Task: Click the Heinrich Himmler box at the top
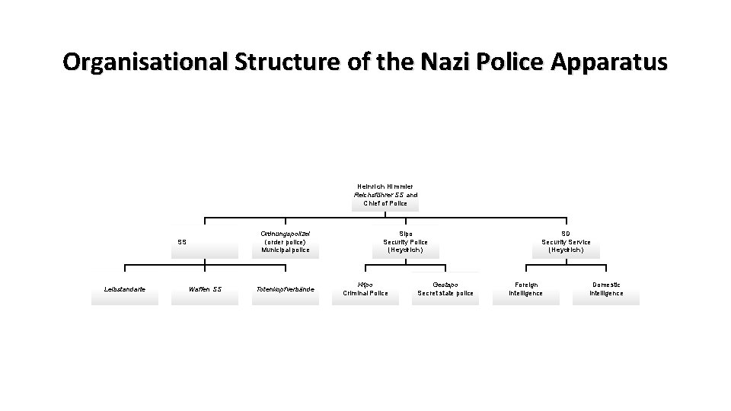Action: pos(385,195)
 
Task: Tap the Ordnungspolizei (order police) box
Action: pos(286,241)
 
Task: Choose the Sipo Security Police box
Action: pos(405,241)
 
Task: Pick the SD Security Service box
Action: pos(566,241)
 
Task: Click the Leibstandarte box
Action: pos(125,289)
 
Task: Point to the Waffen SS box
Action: pos(205,289)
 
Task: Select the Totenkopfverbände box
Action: pos(286,289)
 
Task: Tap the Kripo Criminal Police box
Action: pos(365,288)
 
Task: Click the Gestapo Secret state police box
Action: pos(445,288)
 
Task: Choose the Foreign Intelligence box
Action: pos(525,288)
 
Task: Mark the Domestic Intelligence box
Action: pos(606,288)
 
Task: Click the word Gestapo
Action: pos(445,284)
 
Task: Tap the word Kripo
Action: pos(365,284)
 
